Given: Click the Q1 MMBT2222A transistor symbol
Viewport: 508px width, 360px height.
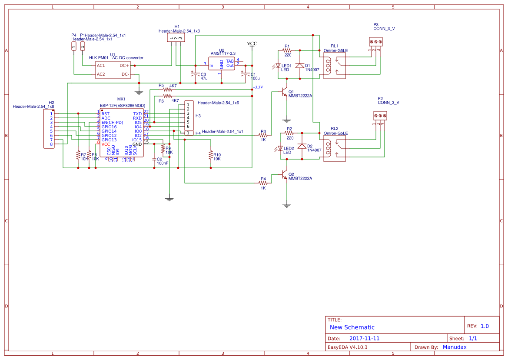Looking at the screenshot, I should [x=284, y=92].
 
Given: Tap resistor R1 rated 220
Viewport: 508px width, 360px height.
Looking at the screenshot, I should [x=287, y=50].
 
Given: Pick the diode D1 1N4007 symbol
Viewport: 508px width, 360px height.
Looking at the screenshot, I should [x=299, y=66].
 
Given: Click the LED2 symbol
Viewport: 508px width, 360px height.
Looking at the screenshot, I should [x=279, y=149].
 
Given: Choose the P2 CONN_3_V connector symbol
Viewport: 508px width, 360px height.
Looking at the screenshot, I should [x=380, y=116].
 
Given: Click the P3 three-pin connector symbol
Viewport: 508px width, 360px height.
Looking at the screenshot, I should [x=376, y=41].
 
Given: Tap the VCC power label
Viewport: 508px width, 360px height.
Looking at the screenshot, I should [x=252, y=43].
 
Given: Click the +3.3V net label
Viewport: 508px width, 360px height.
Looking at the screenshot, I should [x=258, y=87].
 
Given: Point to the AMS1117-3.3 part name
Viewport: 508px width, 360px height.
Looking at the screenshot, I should [x=223, y=53].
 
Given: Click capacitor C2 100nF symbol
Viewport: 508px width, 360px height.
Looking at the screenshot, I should [x=154, y=160].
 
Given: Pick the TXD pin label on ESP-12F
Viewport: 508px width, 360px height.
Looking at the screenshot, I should [x=137, y=113].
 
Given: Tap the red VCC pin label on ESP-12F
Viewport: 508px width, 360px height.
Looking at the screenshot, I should [x=106, y=144].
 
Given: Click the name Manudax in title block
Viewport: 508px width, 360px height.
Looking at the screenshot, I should [x=455, y=347].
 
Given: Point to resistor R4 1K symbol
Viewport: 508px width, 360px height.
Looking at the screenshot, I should [x=263, y=183].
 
